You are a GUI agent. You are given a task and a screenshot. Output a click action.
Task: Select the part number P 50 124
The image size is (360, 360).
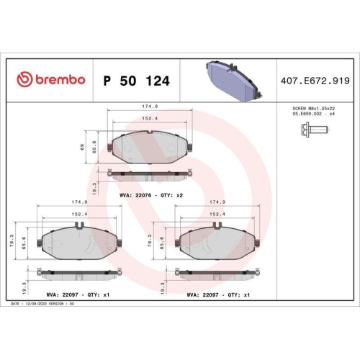coord(137,81)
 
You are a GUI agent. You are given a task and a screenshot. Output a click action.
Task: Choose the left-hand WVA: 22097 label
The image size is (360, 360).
coord(61,294)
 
